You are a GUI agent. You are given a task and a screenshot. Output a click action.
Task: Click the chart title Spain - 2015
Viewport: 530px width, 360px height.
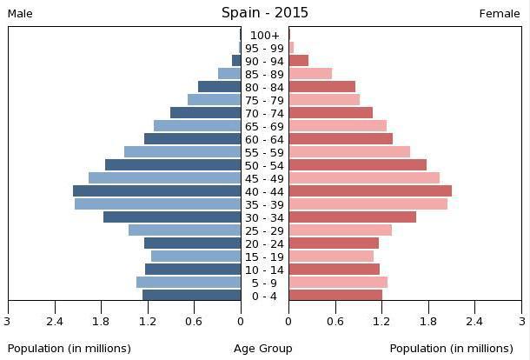click(x=264, y=12)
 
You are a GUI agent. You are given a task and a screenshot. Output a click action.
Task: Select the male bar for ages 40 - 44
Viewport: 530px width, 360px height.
click(x=156, y=191)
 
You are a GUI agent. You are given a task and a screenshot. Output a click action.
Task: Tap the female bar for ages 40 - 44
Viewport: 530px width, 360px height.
click(x=370, y=191)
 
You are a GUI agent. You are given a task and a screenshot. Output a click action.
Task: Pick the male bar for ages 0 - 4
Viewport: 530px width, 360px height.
click(x=191, y=296)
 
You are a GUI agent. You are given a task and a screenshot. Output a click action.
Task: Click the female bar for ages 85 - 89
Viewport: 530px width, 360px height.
click(x=310, y=74)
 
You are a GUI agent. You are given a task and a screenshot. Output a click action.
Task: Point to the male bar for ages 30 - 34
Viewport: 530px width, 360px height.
click(x=172, y=217)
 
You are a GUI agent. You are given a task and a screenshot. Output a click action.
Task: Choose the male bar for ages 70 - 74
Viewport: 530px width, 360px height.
click(x=205, y=113)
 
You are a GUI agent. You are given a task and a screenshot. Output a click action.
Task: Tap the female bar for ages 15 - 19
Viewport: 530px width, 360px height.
click(x=331, y=257)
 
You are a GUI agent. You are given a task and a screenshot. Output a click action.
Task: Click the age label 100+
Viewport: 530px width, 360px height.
click(x=264, y=36)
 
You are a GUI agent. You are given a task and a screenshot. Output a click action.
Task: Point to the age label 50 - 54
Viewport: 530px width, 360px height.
click(x=264, y=165)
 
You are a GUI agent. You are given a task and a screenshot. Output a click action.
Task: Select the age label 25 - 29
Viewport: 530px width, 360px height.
click(x=264, y=230)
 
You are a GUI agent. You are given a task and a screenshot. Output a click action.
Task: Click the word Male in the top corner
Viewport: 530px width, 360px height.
click(x=20, y=14)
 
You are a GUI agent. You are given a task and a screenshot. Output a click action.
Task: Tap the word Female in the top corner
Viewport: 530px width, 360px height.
click(x=500, y=14)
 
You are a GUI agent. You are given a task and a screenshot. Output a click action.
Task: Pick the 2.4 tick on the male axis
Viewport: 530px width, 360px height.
click(x=55, y=321)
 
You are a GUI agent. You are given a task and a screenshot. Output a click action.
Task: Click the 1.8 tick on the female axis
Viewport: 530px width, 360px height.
click(x=427, y=321)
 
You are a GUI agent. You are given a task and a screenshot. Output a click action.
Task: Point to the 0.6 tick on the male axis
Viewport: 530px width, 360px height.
click(x=194, y=321)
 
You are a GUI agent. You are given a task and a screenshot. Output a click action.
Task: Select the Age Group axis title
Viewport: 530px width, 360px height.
click(x=263, y=349)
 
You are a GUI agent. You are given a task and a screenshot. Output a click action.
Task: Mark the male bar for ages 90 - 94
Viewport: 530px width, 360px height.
click(x=235, y=61)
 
